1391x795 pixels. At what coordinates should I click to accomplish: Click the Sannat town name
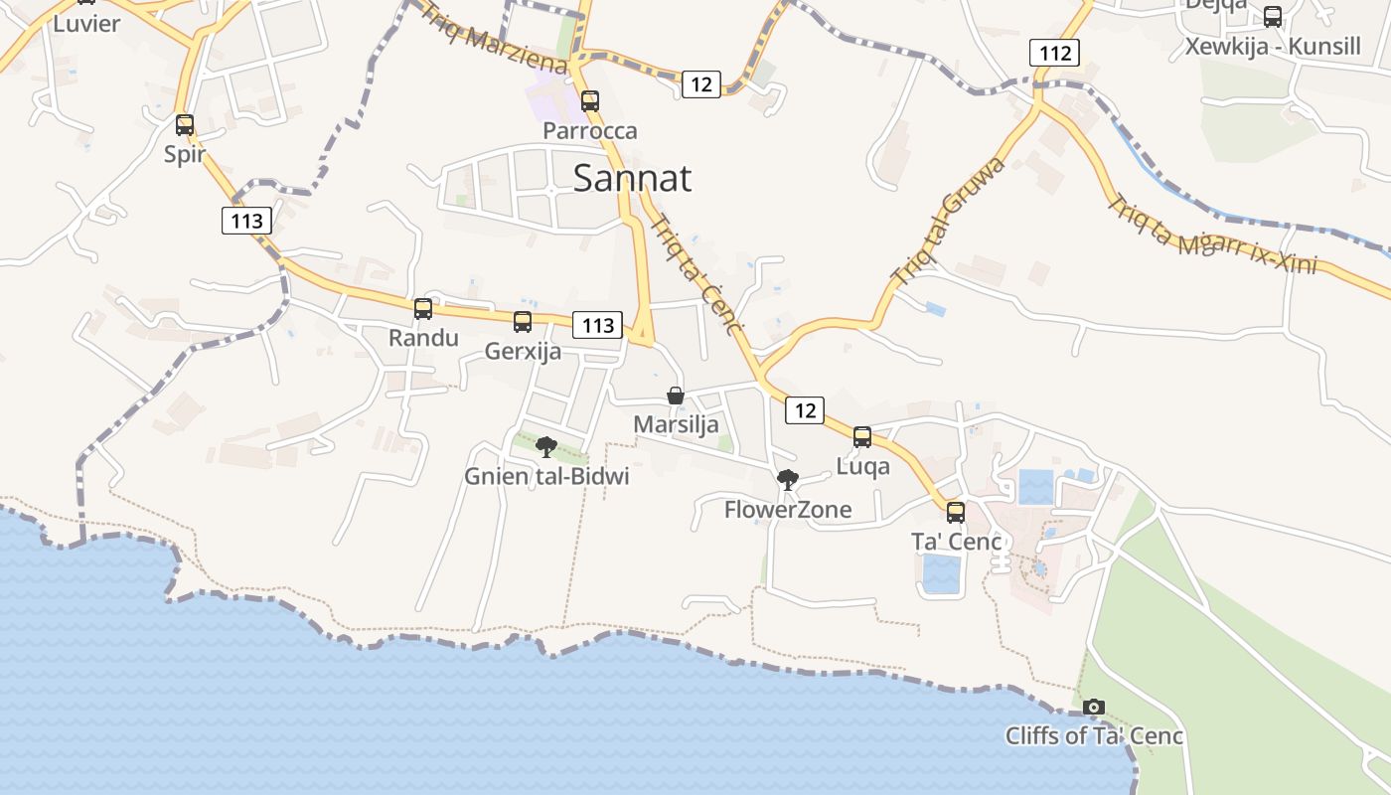[633, 178]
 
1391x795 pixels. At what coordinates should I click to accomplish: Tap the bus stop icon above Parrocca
[590, 100]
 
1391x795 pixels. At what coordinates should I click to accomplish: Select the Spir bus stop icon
[185, 125]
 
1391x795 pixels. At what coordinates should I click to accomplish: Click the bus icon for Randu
[423, 309]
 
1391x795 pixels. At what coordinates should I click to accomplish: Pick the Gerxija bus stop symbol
[523, 322]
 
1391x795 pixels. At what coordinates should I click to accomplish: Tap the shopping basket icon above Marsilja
[676, 396]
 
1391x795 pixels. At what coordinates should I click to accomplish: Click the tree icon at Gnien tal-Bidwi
[546, 447]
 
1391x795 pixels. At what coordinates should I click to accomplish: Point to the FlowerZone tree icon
[788, 481]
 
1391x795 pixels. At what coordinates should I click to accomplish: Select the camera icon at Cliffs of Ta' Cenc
[1094, 707]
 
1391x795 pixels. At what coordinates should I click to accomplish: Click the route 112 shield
[1054, 53]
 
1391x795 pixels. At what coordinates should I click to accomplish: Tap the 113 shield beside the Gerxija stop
[597, 325]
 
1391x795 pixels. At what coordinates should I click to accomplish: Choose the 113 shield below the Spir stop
[246, 221]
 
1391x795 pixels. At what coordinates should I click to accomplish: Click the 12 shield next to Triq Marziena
[701, 84]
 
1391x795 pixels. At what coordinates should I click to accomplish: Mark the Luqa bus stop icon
[862, 437]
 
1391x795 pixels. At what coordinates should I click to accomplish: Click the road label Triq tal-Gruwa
[948, 221]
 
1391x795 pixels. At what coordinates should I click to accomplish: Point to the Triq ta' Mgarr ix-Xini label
[1212, 235]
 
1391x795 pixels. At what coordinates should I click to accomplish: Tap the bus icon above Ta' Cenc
[956, 513]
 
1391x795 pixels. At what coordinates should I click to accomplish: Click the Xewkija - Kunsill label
[1273, 46]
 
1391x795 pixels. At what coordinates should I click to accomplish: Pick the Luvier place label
[86, 23]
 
